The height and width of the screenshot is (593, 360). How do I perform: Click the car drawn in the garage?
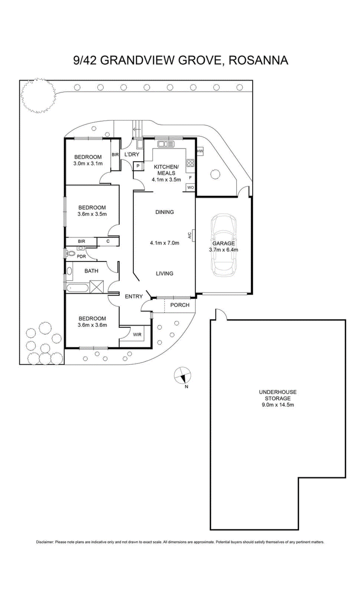223,246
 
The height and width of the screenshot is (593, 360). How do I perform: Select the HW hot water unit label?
200,151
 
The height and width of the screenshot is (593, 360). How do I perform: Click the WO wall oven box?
191,188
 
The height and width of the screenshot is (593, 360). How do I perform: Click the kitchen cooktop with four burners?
191,162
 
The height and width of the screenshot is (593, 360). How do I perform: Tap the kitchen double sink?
166,144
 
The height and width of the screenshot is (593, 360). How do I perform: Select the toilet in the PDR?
70,254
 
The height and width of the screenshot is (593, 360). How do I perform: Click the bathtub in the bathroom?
77,288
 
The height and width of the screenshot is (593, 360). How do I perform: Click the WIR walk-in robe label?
137,335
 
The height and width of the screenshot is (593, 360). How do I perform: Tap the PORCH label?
180,305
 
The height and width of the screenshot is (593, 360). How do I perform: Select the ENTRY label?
134,296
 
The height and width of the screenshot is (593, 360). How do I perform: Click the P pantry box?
138,166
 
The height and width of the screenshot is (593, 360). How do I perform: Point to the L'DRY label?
132,154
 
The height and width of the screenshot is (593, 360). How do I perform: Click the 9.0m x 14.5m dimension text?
278,404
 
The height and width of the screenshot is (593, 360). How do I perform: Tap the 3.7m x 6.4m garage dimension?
224,250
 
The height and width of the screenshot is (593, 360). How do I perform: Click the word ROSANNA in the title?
258,60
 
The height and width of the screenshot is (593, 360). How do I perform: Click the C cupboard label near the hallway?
108,241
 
